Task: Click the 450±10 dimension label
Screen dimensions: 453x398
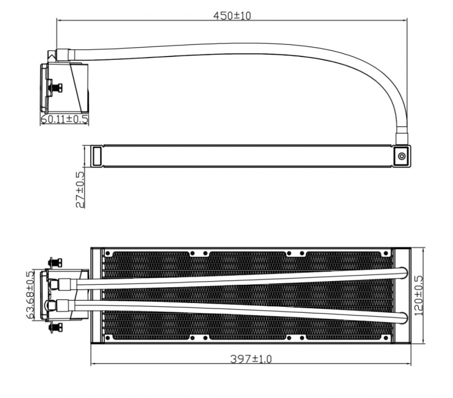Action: click(x=232, y=15)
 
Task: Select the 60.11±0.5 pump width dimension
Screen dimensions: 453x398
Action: click(x=64, y=119)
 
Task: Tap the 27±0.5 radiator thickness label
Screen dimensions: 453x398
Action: click(x=80, y=190)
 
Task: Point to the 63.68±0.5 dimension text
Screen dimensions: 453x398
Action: click(x=30, y=295)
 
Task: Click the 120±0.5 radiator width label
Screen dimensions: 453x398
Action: click(x=418, y=295)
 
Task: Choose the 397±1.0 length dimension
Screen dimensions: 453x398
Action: click(x=251, y=359)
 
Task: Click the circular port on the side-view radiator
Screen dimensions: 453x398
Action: click(x=402, y=156)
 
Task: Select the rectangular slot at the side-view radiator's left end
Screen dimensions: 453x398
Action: click(x=97, y=156)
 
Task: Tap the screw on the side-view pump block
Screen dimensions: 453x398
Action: click(x=57, y=87)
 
